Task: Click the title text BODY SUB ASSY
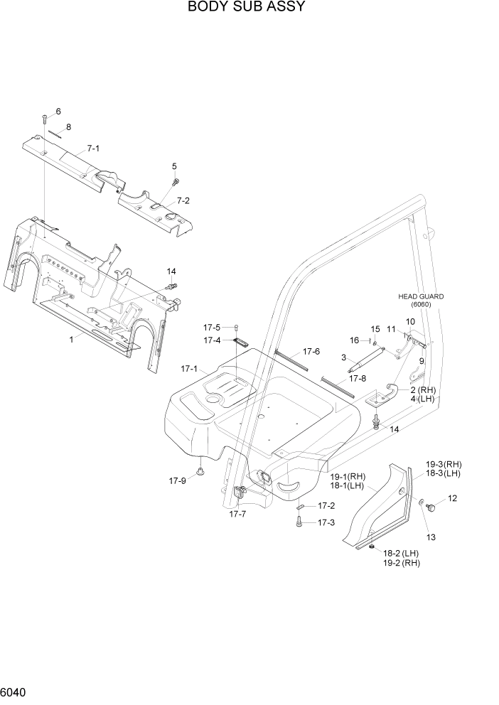pos(246,8)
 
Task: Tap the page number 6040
pos(16,692)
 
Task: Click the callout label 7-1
pos(93,149)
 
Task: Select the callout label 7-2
pos(183,200)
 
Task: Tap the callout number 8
pos(69,127)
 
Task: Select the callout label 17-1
pos(189,369)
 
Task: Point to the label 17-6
pos(311,351)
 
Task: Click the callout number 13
pos(429,536)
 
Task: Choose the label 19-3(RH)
pos(444,463)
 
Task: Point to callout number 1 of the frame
pos(71,340)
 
